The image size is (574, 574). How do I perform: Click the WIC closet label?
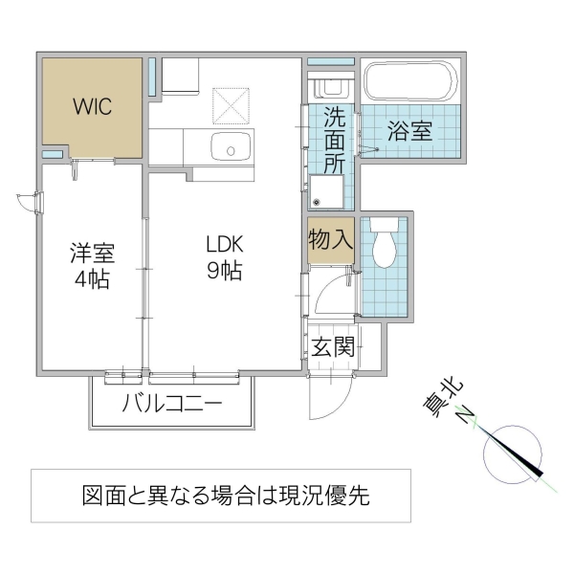(x=93, y=105)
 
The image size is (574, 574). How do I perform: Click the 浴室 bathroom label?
(x=409, y=131)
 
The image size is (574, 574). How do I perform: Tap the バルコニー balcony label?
(x=172, y=403)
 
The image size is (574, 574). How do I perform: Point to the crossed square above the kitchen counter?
(x=229, y=106)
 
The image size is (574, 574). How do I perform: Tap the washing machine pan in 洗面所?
(x=324, y=192)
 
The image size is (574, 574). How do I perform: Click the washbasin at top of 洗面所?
(x=330, y=87)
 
